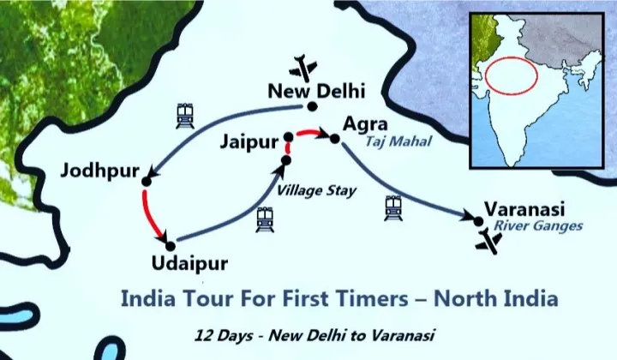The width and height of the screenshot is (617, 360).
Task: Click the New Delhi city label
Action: (316, 90)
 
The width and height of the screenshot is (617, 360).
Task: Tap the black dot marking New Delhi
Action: (313, 106)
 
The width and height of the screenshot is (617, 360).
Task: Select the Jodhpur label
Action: (99, 171)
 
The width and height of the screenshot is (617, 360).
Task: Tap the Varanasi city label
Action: (525, 208)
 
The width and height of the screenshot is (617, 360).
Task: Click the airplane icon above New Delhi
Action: (303, 66)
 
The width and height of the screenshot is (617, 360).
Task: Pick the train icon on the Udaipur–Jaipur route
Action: (265, 220)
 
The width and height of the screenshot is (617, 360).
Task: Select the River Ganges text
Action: (538, 226)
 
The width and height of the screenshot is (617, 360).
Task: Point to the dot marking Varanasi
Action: (478, 220)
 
